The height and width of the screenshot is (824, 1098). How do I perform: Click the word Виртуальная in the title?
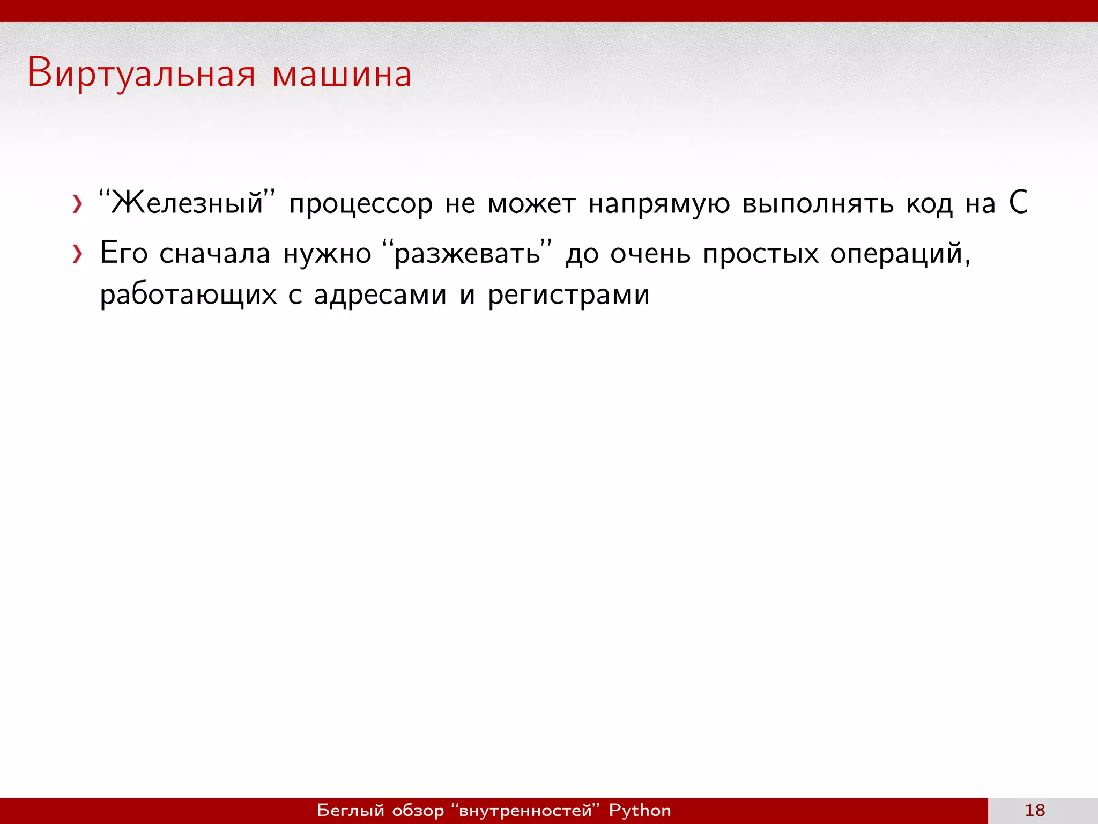click(x=142, y=74)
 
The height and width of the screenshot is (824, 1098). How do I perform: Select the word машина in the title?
click(x=342, y=74)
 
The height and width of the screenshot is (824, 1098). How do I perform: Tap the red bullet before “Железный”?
click(x=78, y=204)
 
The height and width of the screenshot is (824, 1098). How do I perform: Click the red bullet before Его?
click(x=78, y=254)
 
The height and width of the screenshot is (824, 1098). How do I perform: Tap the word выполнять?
click(x=818, y=204)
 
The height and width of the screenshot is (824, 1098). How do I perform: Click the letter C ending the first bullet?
click(x=1018, y=203)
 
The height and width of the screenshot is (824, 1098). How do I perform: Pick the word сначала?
click(x=214, y=253)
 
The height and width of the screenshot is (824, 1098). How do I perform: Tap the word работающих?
click(x=188, y=295)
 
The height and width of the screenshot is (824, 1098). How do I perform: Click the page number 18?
click(x=1035, y=810)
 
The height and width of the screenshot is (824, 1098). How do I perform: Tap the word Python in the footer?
click(x=640, y=810)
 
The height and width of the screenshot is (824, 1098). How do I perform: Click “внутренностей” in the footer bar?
click(x=525, y=810)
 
